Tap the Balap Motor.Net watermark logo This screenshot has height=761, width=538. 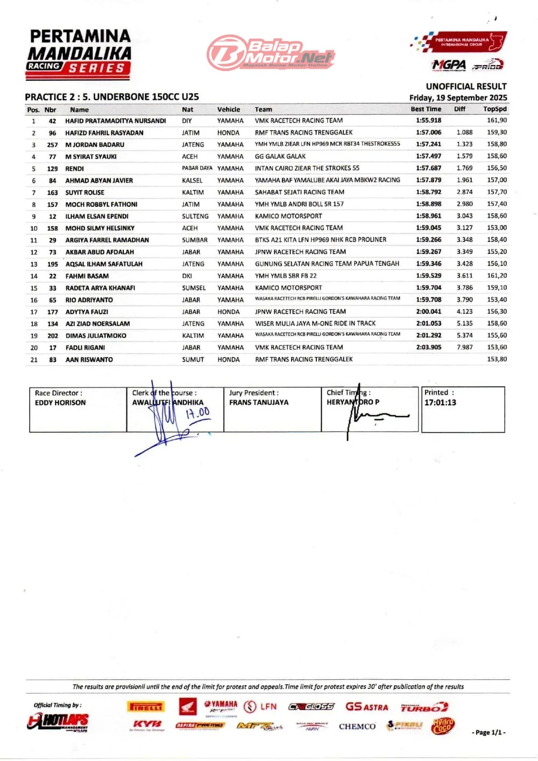coord(271,53)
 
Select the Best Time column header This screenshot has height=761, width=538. coord(426,109)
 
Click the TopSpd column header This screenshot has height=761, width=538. coord(494,109)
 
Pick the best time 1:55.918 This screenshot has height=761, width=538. coord(428,121)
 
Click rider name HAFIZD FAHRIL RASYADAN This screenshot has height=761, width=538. coord(104,133)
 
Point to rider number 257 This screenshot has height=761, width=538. coord(52,145)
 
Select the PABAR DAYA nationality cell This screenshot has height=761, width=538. coord(197,168)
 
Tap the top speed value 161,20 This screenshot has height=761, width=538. coord(497,276)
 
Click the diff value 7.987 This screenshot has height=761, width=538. coord(464,347)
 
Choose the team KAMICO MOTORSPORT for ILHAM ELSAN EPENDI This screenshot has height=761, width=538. coord(288,216)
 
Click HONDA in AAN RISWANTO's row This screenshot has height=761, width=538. coord(228,360)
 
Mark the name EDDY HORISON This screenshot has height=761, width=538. coord(60,403)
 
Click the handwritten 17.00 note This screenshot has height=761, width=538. coord(197,413)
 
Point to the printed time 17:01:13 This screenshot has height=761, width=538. coord(440,403)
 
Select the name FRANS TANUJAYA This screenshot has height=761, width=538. coord(259,403)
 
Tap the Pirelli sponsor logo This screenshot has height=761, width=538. coord(145,707)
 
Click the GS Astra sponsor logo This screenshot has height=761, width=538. coord(366,707)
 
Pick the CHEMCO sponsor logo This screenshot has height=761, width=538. coord(357,727)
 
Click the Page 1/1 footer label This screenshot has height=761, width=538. coord(489,732)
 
